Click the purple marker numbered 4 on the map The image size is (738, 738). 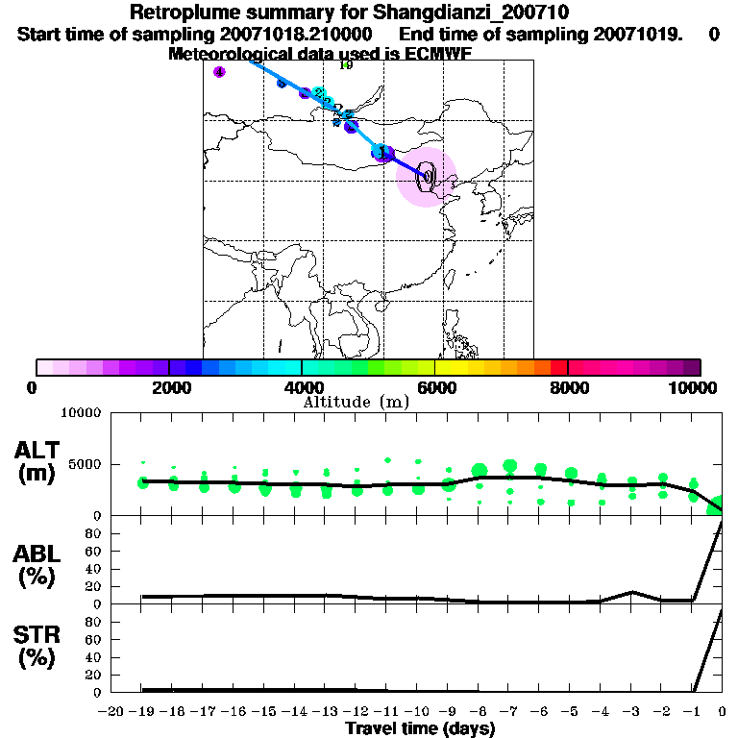[x=219, y=72]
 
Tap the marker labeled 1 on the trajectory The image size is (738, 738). [x=382, y=152]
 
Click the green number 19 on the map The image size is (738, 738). [x=346, y=65]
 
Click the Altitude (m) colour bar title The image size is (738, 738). [x=356, y=402]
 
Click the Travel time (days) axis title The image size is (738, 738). [x=420, y=729]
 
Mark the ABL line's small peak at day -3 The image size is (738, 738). [x=631, y=592]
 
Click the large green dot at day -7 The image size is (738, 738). [x=509, y=467]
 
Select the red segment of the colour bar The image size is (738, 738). [x=558, y=367]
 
